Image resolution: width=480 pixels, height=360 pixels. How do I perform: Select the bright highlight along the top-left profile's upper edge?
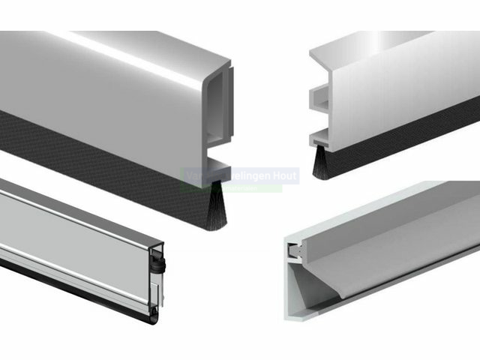point(112,45)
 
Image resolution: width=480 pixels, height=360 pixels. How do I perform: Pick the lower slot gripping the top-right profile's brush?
point(322,138)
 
